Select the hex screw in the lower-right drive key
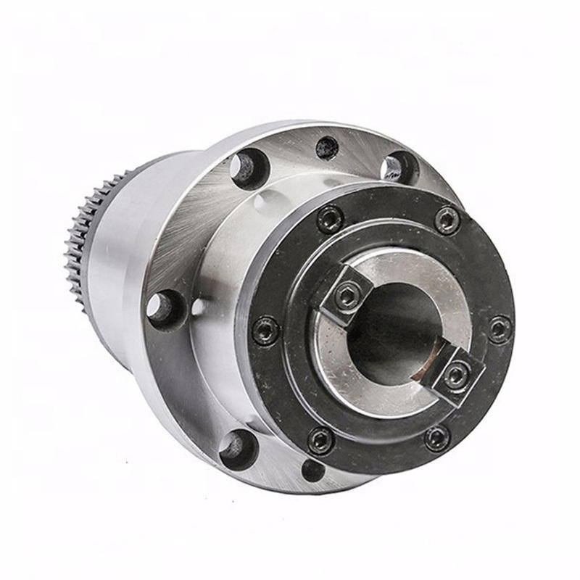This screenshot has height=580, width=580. (455, 375)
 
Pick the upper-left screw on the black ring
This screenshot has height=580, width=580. (331, 218)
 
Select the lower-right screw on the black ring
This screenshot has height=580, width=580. (436, 438)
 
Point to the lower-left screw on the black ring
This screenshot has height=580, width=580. (320, 439)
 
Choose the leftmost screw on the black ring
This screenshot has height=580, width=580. (266, 331)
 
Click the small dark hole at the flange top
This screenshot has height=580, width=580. (327, 148)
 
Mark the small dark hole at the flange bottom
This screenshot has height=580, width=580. (313, 470)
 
